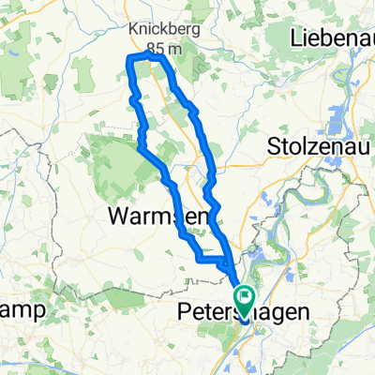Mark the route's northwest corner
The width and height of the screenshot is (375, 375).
point(127,59)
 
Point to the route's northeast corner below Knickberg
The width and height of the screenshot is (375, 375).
point(162,58)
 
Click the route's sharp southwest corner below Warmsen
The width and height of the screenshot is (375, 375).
point(199,256)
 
